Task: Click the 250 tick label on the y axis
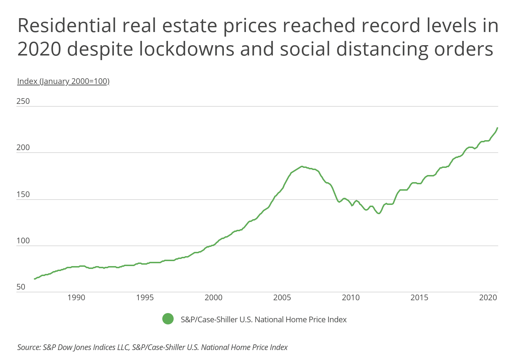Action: (23, 101)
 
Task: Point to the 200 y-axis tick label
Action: (23, 148)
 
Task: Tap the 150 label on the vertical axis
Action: (23, 194)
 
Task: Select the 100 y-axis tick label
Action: (23, 241)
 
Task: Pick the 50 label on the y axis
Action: (21, 287)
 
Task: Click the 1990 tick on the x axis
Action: (76, 297)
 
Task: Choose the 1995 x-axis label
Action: (145, 297)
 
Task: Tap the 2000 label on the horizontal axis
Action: (214, 297)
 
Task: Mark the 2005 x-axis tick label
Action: (282, 297)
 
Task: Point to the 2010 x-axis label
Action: (351, 297)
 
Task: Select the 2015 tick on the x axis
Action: (420, 297)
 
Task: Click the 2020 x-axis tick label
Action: (488, 297)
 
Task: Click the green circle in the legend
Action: (168, 319)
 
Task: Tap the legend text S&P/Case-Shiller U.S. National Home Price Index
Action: (264, 319)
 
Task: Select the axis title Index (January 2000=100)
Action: (63, 81)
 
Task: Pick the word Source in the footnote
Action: (28, 347)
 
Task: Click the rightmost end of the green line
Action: (497, 128)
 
